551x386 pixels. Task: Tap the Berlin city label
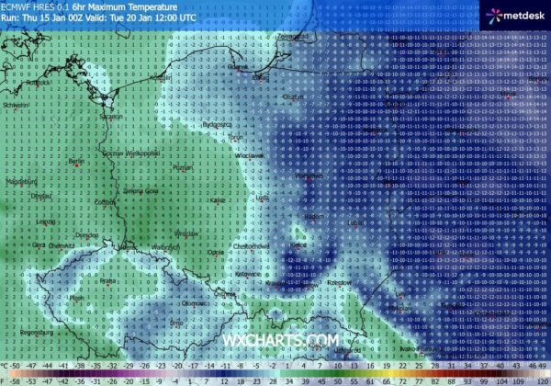[x=77, y=161]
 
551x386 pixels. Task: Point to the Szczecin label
[x=111, y=116]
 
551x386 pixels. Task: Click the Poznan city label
[x=181, y=169]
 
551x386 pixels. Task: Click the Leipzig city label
[x=44, y=221]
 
